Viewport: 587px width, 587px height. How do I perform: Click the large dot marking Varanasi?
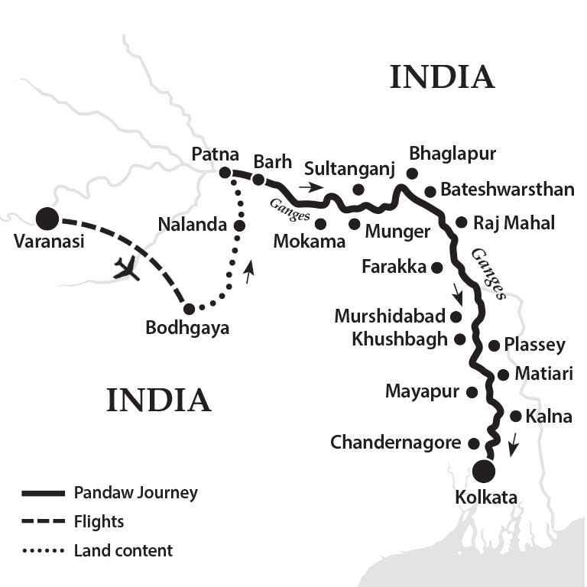point(47,219)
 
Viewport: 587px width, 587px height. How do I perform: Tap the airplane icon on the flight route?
point(126,268)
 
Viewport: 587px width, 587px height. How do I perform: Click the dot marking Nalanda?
point(239,225)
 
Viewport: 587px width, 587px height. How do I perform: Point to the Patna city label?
point(216,154)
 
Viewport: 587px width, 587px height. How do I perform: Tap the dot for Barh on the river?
point(258,180)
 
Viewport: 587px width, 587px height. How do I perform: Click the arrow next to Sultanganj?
point(311,186)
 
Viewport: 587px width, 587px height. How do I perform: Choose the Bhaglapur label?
point(452,154)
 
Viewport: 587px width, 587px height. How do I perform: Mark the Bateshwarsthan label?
point(507,190)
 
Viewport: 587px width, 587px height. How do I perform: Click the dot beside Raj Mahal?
point(461,222)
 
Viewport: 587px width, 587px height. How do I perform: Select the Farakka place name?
point(394,267)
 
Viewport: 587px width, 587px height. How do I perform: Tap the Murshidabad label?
point(390,316)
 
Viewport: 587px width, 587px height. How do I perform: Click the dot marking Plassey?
point(494,345)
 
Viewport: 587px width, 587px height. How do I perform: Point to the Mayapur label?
point(422,392)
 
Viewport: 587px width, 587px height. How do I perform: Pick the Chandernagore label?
point(395,443)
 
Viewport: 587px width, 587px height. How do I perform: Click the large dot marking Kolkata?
point(483,470)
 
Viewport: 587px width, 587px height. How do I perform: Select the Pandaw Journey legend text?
point(135,492)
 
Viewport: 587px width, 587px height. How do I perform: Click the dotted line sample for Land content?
point(44,550)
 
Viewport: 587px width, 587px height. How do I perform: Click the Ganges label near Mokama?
point(290,210)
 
